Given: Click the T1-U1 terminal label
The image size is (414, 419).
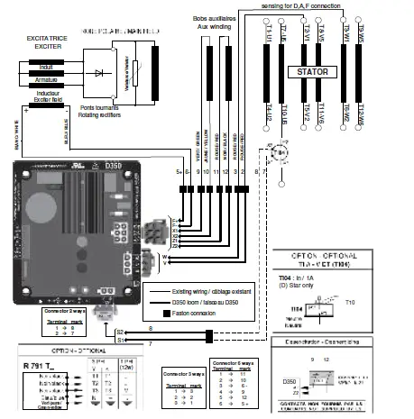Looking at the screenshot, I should pos(269,34).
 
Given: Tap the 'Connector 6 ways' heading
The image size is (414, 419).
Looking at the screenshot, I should pos(235,361).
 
